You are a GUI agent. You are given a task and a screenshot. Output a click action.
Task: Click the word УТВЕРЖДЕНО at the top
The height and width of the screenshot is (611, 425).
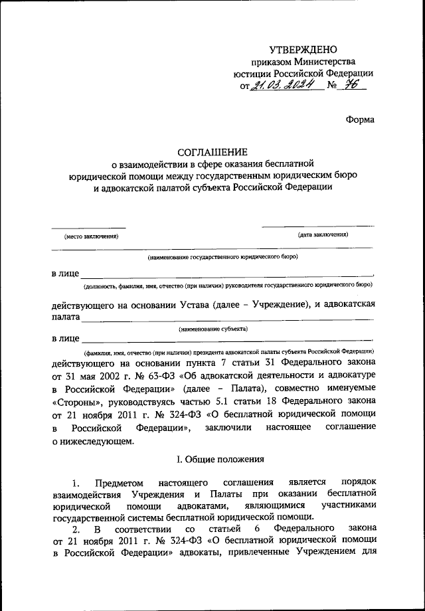click(303, 49)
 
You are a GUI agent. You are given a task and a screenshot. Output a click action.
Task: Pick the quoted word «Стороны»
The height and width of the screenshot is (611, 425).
click(74, 401)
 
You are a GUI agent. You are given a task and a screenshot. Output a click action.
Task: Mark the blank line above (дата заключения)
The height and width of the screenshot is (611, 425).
click(317, 226)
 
